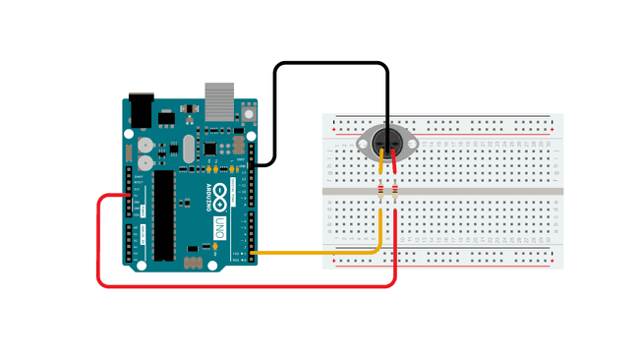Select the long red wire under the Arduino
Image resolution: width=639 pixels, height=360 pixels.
coord(246,286)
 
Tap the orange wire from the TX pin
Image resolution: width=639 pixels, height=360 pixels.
coord(315,254)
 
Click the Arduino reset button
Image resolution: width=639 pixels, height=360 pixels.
coord(247,113)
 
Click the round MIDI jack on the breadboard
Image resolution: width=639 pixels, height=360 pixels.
coord(387,143)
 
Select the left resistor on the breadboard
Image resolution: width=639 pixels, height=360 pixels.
coord(380,191)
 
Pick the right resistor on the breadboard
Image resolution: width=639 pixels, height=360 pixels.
coord(394,191)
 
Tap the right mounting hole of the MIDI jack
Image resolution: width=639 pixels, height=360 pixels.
coord(413,144)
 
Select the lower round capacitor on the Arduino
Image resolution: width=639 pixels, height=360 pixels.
coord(144,160)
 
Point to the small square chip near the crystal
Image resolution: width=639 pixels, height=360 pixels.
coord(209,149)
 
